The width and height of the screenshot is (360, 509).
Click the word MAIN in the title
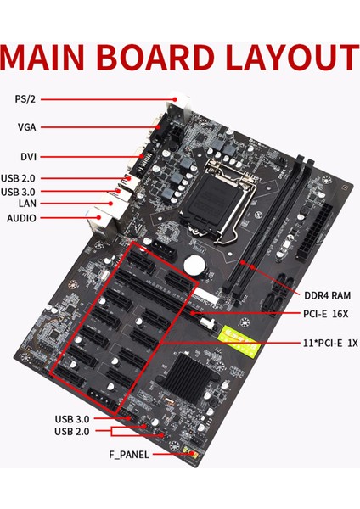point(50,58)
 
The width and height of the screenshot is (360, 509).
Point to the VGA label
point(25,127)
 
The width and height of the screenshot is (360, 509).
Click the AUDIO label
point(22,217)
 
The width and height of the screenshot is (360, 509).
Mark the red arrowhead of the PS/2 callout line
point(177,99)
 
